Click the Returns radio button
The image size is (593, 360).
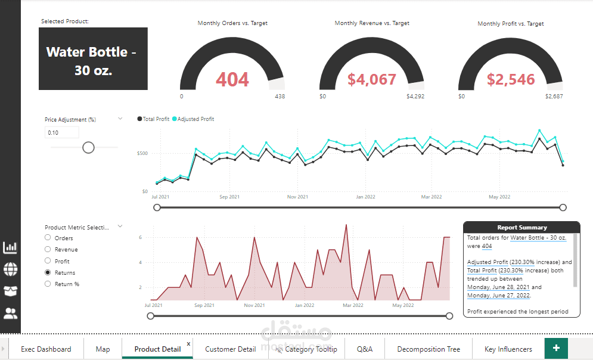point(48,272)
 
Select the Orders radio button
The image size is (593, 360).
point(48,238)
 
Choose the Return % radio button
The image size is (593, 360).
point(48,284)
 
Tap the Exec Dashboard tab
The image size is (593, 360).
point(46,349)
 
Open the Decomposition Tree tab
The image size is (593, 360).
point(429,349)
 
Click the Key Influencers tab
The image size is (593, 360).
point(508,349)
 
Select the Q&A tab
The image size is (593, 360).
point(365,349)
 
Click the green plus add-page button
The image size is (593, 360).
point(556,348)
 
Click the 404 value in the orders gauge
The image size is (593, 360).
point(232,79)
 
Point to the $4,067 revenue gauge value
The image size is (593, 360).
point(372,79)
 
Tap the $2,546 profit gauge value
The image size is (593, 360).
point(511,79)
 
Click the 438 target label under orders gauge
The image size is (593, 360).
point(280,96)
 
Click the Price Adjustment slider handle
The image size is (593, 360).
point(88,147)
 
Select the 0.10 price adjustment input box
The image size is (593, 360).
point(61,132)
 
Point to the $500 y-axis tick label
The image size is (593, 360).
point(142,154)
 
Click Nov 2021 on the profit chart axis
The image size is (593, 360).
point(297,197)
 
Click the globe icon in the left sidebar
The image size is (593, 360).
point(11,269)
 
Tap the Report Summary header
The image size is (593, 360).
point(521,227)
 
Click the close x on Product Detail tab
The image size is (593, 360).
point(188,343)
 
